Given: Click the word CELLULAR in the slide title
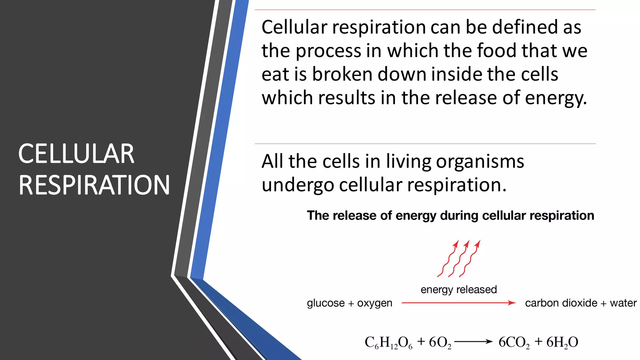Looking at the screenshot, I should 76,154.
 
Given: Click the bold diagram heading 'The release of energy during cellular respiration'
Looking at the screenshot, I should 450,216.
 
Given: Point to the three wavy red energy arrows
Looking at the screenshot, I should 459,259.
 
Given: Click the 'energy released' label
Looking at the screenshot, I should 458,290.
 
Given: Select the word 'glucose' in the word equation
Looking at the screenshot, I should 326,303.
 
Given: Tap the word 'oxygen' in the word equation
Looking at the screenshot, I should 374,303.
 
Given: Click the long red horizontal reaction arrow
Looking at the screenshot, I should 458,303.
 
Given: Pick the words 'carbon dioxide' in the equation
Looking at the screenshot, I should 561,303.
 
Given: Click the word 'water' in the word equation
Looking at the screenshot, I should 623,303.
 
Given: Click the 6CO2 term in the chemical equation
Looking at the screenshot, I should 514,342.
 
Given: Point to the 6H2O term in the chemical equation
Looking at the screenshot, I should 562,342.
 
